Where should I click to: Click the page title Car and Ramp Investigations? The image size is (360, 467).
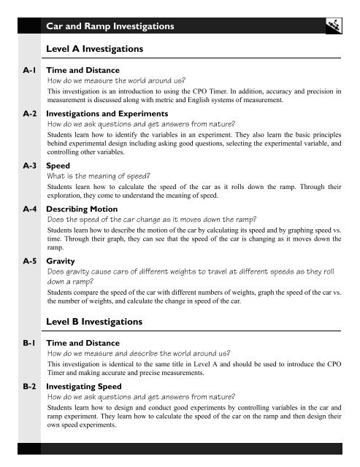pyautogui.click(x=110, y=26)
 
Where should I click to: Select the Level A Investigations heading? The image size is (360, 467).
pyautogui.click(x=94, y=49)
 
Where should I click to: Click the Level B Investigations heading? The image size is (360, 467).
pyautogui.click(x=94, y=322)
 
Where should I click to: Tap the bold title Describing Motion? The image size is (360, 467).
pyautogui.click(x=81, y=209)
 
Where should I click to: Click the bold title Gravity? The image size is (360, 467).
pyautogui.click(x=61, y=260)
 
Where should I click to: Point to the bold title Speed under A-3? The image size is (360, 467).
pyautogui.click(x=58, y=166)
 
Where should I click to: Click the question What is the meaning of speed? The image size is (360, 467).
pyautogui.click(x=99, y=176)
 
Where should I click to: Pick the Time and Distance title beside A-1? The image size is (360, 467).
pyautogui.click(x=83, y=70)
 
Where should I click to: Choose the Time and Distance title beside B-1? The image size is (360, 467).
pyautogui.click(x=83, y=341)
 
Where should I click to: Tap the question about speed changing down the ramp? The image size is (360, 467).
pyautogui.click(x=156, y=219)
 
